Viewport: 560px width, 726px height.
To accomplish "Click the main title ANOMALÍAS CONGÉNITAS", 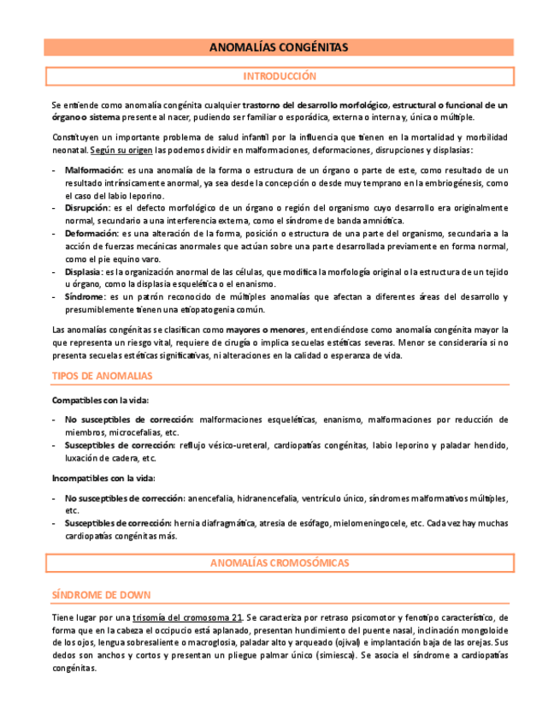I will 279,48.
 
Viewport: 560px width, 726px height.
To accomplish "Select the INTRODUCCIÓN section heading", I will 279,76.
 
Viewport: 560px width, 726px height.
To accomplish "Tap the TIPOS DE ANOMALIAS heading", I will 102,376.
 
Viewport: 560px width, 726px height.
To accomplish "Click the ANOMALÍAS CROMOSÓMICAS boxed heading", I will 279,562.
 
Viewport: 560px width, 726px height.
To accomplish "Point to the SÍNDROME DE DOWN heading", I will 102,594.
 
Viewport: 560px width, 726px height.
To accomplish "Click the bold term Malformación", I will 93,170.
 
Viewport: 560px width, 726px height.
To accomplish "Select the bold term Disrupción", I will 87,208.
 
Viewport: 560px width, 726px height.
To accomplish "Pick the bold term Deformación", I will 91,233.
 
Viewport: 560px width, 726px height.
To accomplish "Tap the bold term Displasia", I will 84,271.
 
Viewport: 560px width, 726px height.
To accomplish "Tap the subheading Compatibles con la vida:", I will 100,400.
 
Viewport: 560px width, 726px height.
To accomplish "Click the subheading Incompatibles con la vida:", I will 103,478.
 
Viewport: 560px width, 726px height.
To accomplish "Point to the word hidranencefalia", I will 274,498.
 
